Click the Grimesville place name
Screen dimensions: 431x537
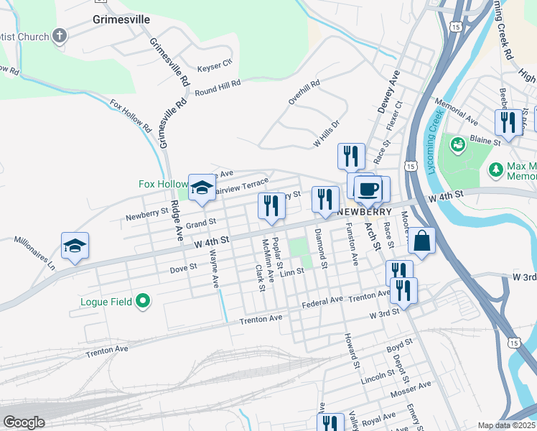121,19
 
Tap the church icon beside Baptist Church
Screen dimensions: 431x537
60,36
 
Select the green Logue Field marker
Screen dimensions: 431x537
143,302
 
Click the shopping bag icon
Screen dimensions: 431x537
422,241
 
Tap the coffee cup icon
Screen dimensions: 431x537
368,189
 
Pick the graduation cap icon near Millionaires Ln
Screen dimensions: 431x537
75,246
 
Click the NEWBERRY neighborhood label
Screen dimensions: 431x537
364,212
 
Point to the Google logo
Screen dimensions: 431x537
24,422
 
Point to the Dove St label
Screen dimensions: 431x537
183,267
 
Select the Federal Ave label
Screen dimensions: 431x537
322,302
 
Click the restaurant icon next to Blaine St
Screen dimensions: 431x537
506,121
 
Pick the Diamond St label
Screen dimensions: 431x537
320,249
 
